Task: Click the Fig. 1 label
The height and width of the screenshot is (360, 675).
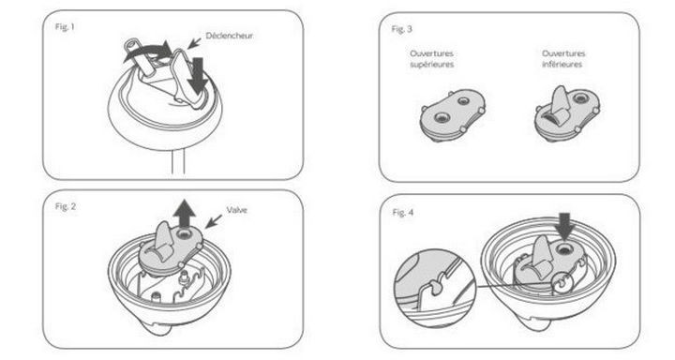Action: (65, 27)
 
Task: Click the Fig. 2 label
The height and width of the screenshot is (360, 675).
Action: (66, 206)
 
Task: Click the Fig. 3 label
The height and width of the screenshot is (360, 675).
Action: (401, 29)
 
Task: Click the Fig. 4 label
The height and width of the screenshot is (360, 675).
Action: (403, 212)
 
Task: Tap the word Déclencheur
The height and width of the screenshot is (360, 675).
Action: (230, 36)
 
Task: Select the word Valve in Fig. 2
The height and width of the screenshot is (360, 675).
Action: (237, 210)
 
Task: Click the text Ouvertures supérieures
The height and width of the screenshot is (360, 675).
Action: (432, 59)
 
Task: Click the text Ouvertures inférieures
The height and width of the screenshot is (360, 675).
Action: (563, 59)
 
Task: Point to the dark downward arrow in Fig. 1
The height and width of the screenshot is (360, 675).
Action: (198, 75)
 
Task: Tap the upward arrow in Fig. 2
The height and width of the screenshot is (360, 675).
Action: (185, 213)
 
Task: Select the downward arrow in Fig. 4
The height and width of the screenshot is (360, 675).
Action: (564, 227)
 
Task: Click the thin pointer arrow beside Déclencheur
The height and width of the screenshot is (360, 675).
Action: (195, 42)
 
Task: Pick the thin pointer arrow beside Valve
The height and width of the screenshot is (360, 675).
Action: (214, 221)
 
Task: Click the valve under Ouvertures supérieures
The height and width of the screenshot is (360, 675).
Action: (453, 114)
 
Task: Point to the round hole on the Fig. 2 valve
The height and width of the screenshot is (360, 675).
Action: (185, 233)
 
